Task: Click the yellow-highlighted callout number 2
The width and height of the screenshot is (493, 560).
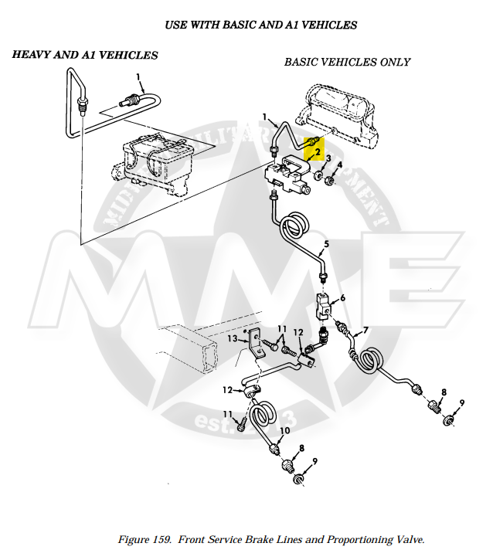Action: pos(317,152)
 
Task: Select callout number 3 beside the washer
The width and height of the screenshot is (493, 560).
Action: pos(328,159)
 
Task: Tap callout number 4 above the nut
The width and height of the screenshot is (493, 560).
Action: pos(338,165)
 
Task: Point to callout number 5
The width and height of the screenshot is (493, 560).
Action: pos(326,243)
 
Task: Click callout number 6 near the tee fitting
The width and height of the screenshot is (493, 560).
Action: pos(342,297)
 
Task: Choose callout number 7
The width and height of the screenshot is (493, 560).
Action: pos(365,331)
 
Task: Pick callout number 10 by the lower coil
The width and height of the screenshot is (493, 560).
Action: pos(284,430)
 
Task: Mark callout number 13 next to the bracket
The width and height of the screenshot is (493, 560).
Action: pos(231,338)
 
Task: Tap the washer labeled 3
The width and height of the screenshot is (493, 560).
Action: pos(318,177)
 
